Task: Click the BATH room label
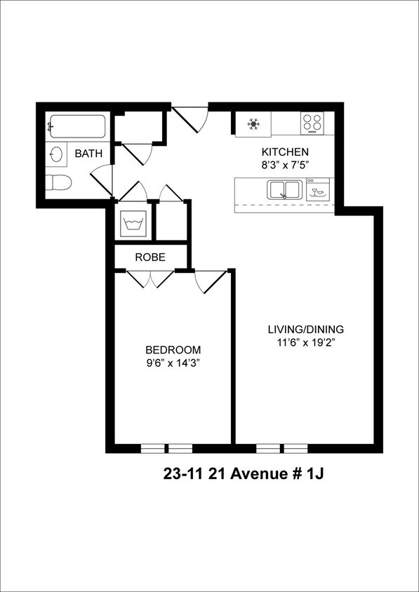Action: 88,153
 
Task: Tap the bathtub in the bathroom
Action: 77,128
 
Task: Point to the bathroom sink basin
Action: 57,154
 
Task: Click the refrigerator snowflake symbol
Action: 253,125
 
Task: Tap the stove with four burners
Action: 313,124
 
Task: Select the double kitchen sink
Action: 283,189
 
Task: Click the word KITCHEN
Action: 285,152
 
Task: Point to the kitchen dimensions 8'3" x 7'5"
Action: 285,165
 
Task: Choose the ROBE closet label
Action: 150,257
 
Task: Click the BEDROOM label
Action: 173,350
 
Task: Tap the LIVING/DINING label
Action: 306,329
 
